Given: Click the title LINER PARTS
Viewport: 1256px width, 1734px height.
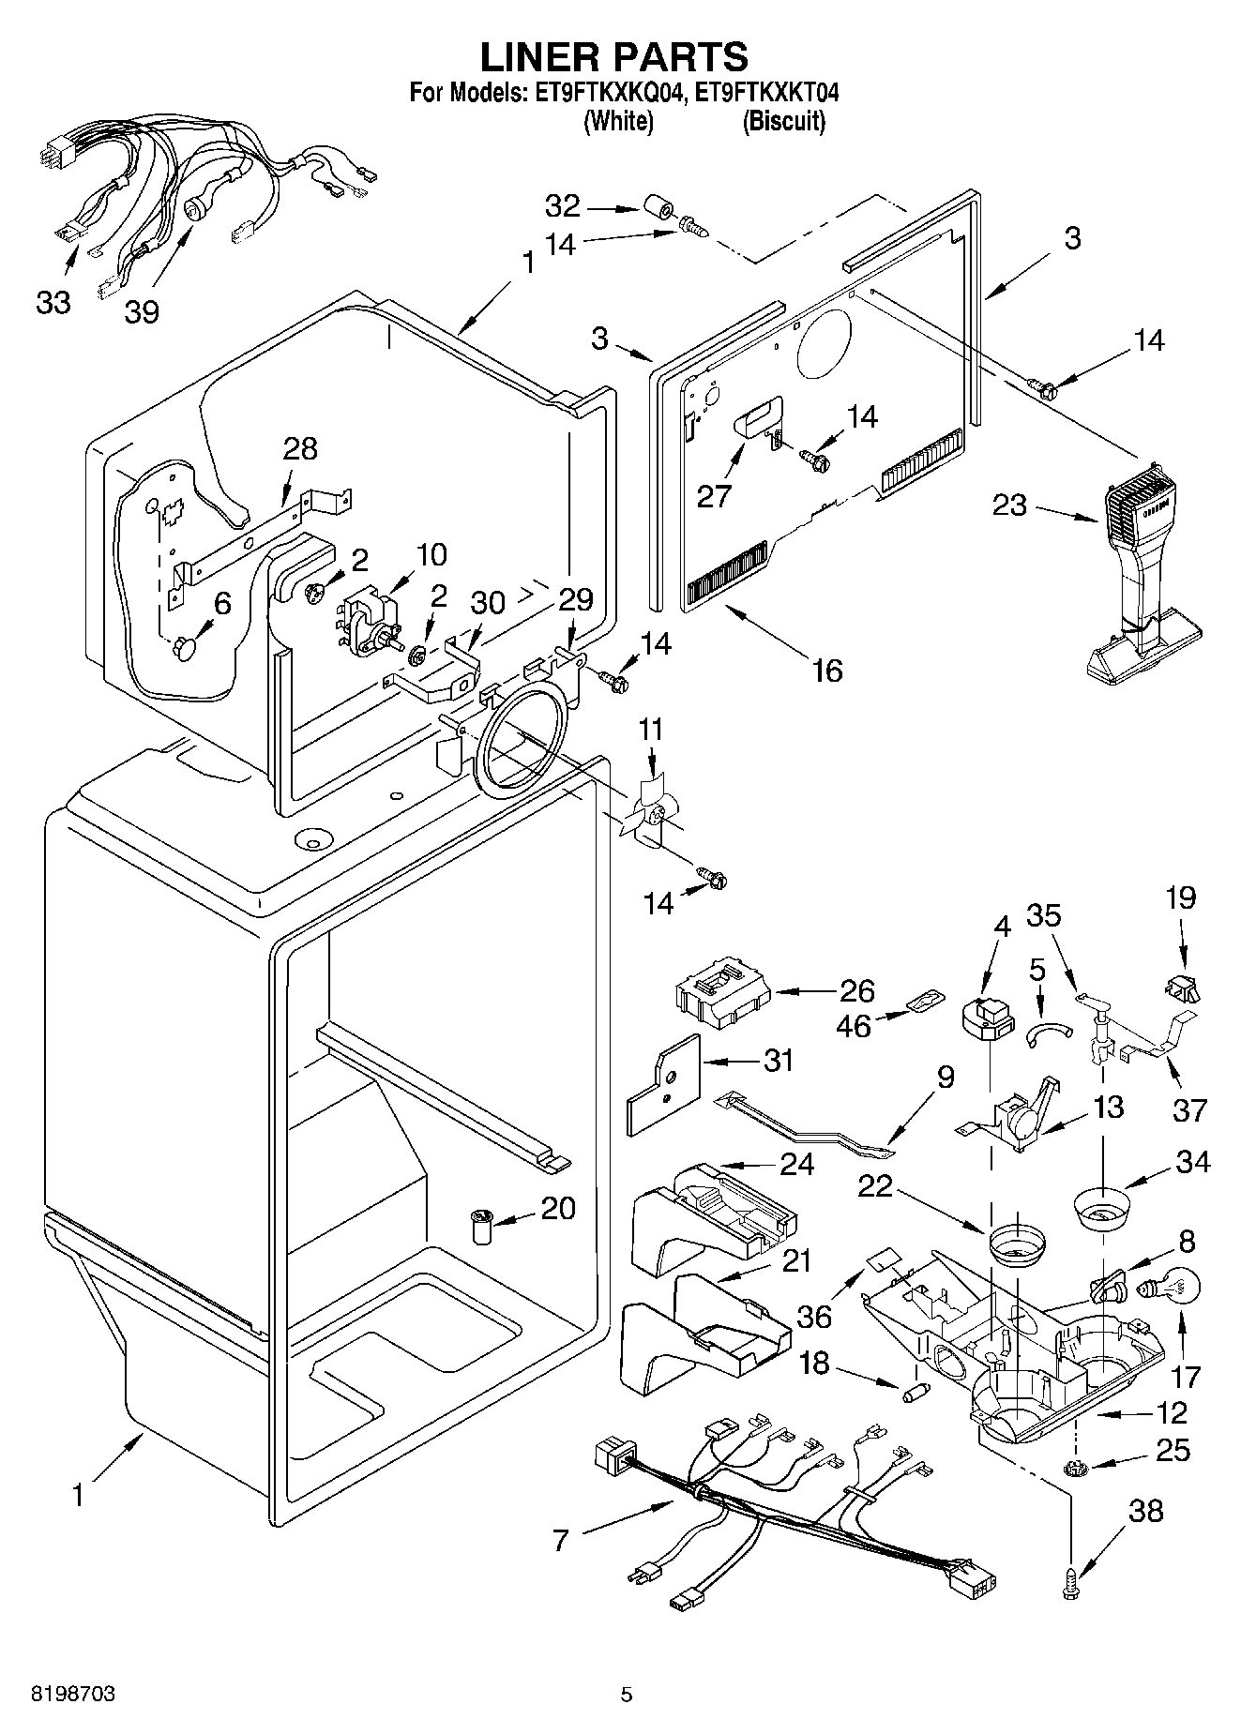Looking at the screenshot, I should coord(614,56).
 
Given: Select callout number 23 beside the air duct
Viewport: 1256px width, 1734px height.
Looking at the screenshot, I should coord(1009,506).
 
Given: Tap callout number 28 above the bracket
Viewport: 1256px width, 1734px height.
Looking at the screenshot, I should coord(300,448).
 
